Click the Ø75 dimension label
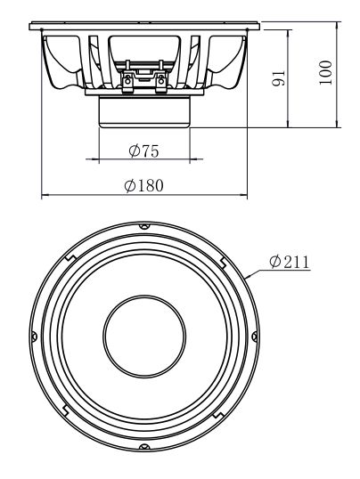coord(143,150)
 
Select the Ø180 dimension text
coord(143,185)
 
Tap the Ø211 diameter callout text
coord(290,262)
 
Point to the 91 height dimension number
coord(278,78)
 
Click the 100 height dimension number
coord(325,73)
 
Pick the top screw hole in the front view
coord(144,226)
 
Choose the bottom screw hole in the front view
coord(144,447)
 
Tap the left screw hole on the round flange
coord(34,337)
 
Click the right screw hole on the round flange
coord(255,337)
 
